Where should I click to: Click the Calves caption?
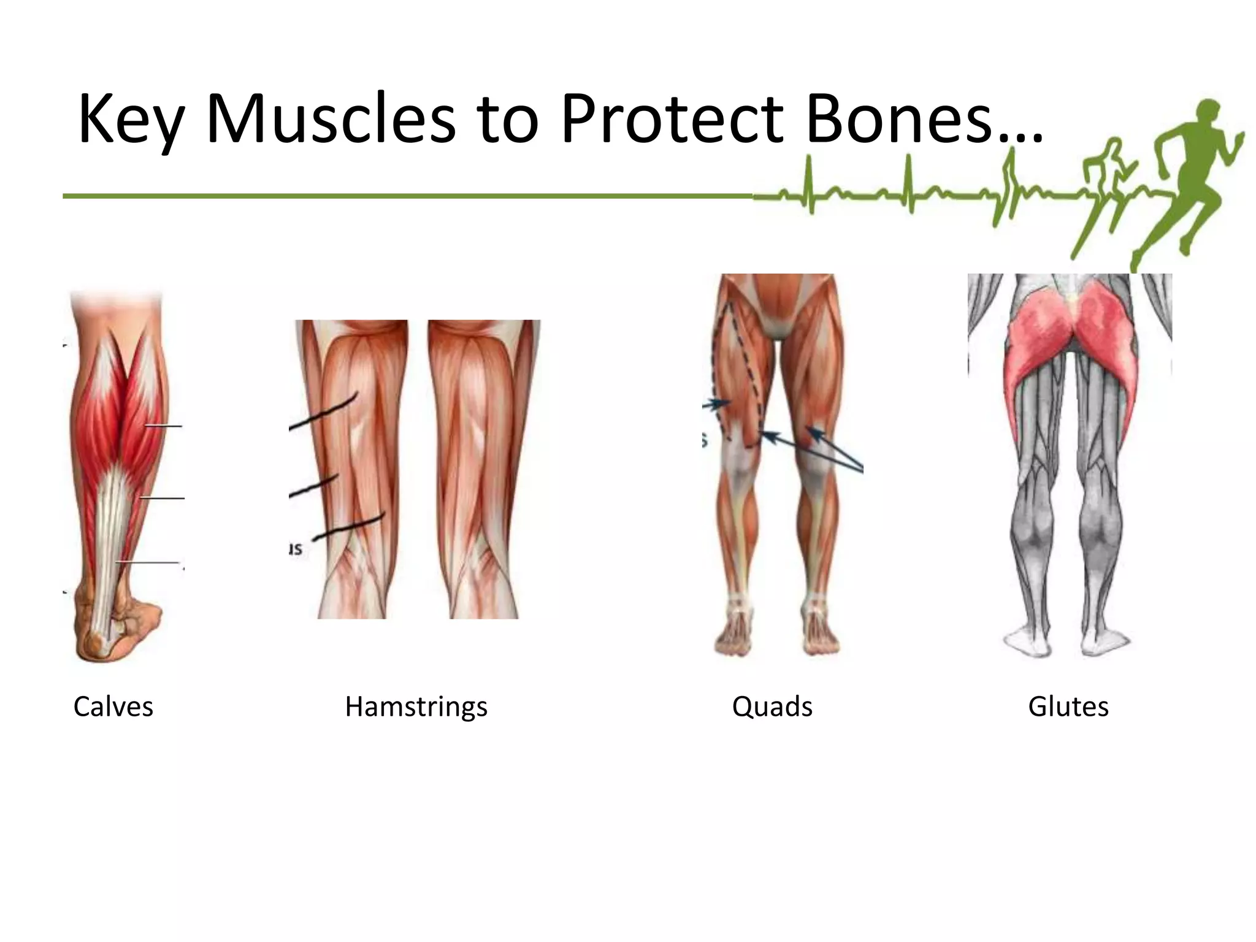click(x=113, y=706)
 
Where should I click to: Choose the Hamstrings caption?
click(x=416, y=706)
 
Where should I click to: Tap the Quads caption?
click(x=772, y=706)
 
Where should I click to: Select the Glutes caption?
click(x=1068, y=706)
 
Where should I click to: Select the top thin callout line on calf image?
click(x=163, y=426)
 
